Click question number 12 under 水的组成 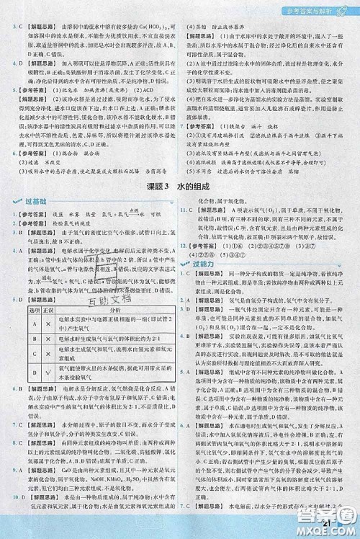(x=188, y=245)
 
